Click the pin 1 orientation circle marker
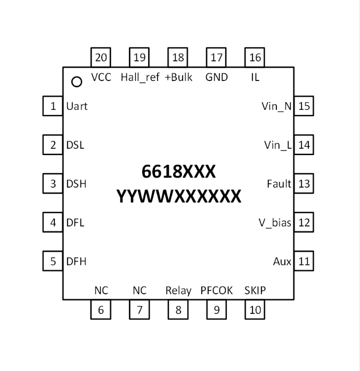point(77,82)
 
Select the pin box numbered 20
point(101,57)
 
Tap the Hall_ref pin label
point(140,77)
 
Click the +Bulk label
point(178,77)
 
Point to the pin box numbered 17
point(217,57)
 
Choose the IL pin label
point(255,77)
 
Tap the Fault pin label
point(279,184)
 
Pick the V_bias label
point(275,223)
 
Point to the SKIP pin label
point(255,291)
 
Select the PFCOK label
point(217,291)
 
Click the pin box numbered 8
point(178,310)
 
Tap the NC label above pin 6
point(101,291)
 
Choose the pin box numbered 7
point(140,310)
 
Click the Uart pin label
point(77,106)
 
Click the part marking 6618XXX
point(178,171)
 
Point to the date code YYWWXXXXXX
point(178,197)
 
